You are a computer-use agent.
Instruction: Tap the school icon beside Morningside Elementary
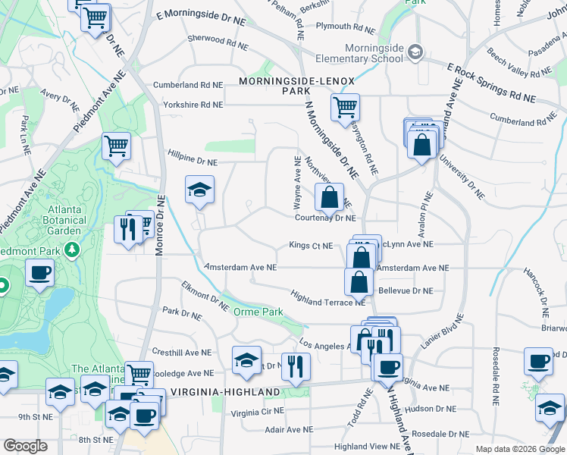[x=415, y=52]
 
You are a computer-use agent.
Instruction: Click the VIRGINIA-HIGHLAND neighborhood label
[x=221, y=391]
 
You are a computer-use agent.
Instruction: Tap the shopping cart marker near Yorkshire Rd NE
[x=345, y=107]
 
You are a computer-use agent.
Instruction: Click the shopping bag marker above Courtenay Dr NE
[x=330, y=199]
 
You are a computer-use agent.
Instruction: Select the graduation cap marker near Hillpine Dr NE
[x=199, y=191]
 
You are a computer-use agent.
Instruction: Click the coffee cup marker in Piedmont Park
[x=39, y=274]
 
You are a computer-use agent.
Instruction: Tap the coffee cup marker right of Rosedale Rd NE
[x=538, y=362]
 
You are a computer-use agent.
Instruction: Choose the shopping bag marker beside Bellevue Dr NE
[x=359, y=282]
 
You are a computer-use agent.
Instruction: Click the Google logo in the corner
[x=25, y=446]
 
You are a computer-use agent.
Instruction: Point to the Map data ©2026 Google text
[x=519, y=449]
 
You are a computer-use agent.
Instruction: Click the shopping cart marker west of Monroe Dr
[x=116, y=146]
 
